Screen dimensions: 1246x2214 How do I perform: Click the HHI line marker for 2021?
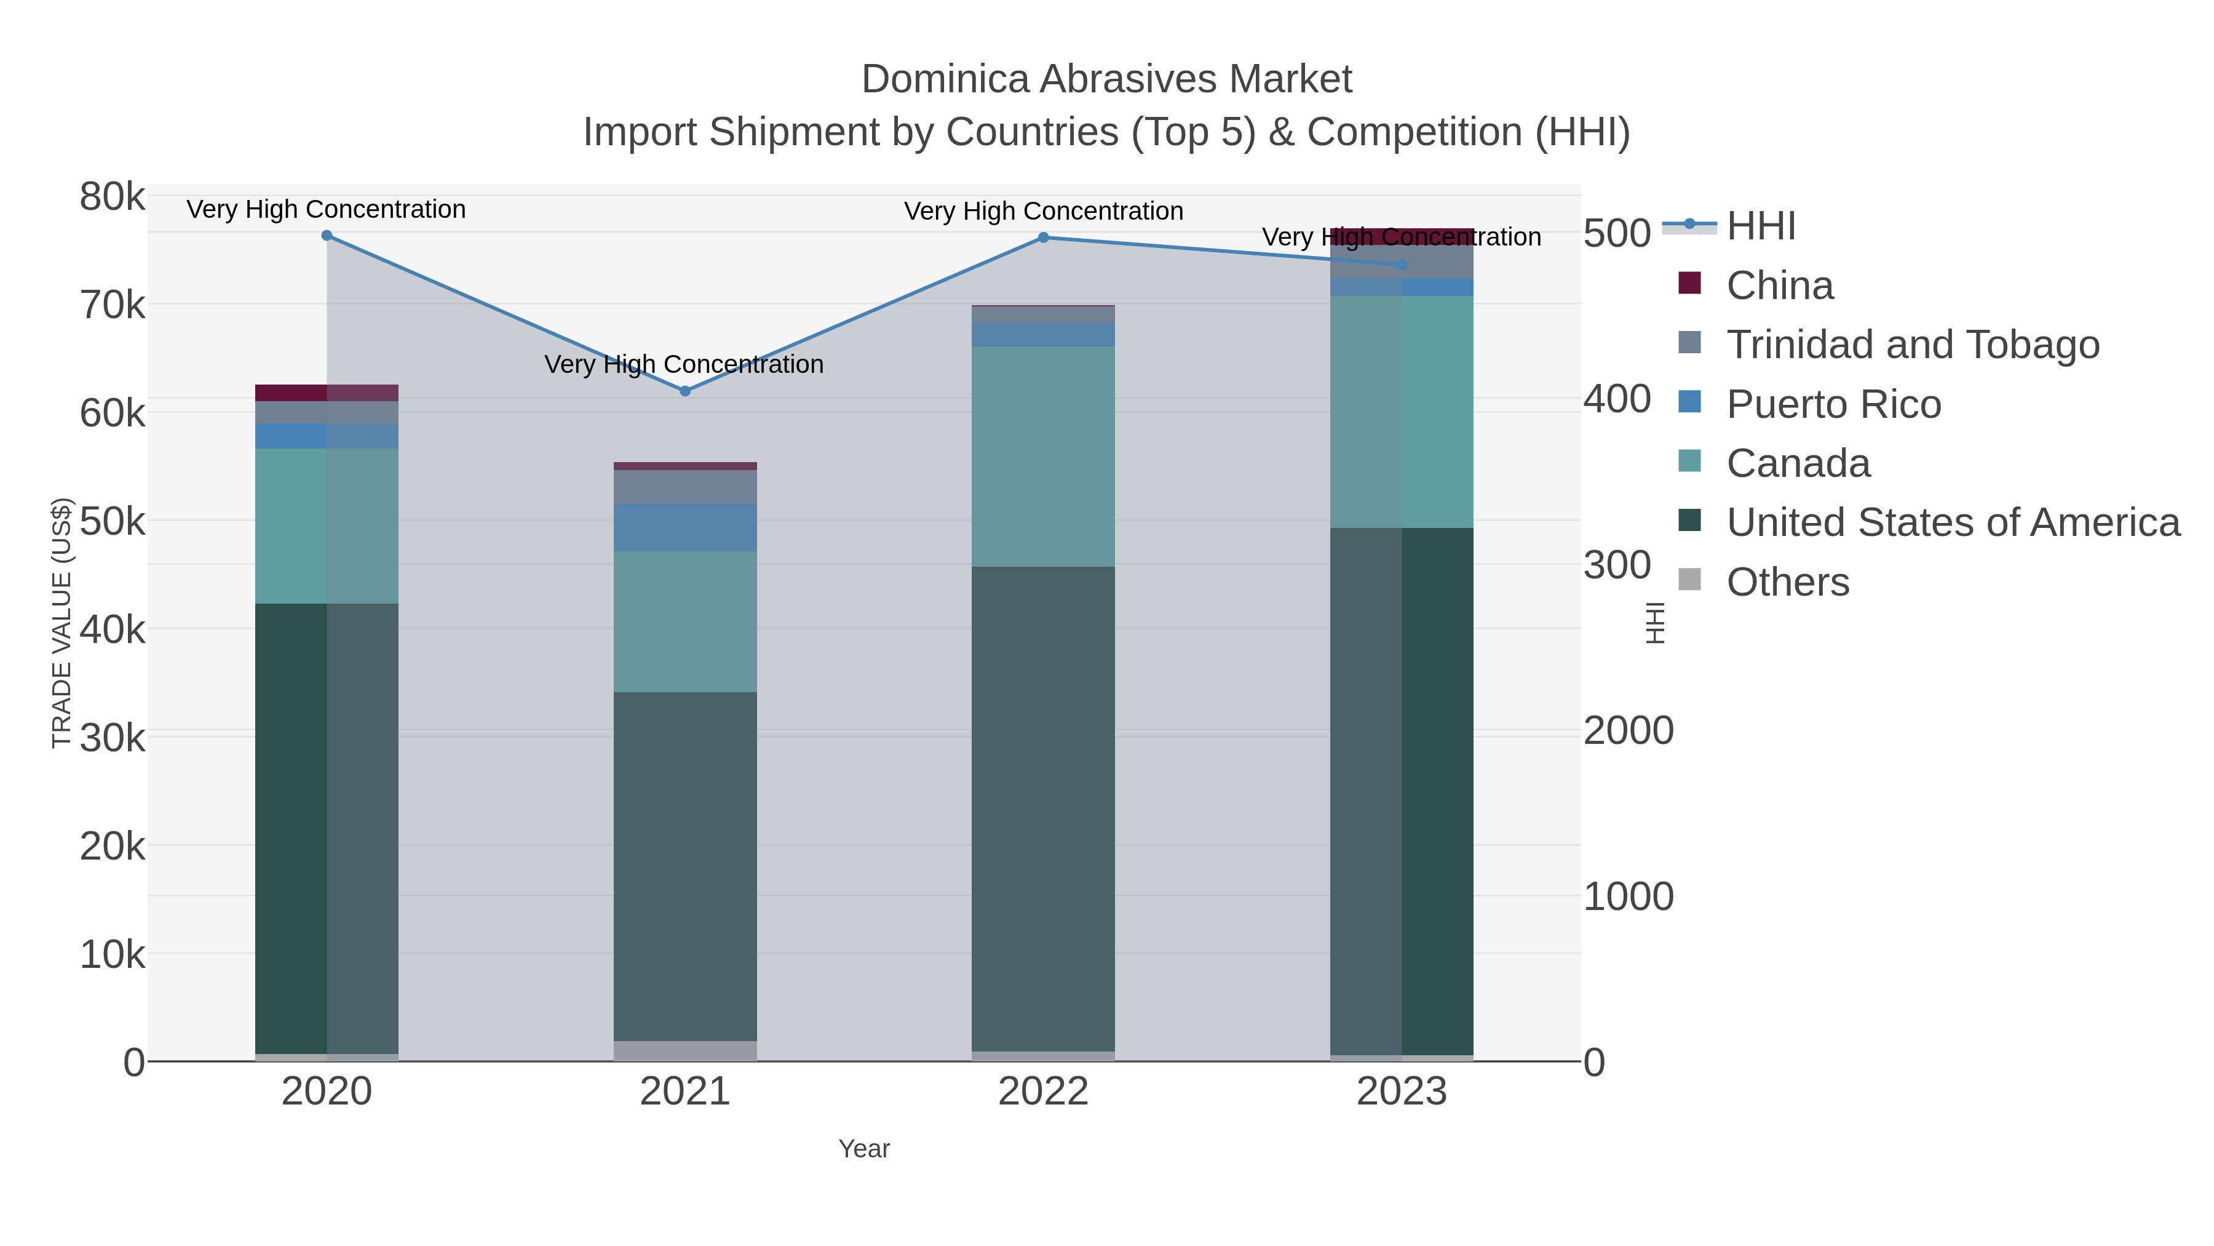685,391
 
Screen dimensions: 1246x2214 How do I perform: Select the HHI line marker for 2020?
327,236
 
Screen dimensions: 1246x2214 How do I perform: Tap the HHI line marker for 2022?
1044,238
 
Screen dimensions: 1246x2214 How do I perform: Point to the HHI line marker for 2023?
1402,265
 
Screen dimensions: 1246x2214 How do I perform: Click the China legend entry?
1779,286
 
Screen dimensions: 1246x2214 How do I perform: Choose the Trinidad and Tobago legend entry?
1912,345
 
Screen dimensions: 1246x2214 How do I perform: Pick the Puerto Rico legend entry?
1833,404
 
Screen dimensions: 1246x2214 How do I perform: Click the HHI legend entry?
1760,226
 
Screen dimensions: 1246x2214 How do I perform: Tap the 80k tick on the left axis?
113,197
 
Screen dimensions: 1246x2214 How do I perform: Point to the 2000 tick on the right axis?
1628,731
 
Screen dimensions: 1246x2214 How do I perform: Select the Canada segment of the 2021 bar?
685,621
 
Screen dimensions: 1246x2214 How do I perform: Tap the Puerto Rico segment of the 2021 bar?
685,527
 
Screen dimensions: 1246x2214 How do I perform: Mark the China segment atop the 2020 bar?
327,393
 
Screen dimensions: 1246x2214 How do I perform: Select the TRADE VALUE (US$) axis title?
62,623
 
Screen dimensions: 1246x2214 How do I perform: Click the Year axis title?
864,1149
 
